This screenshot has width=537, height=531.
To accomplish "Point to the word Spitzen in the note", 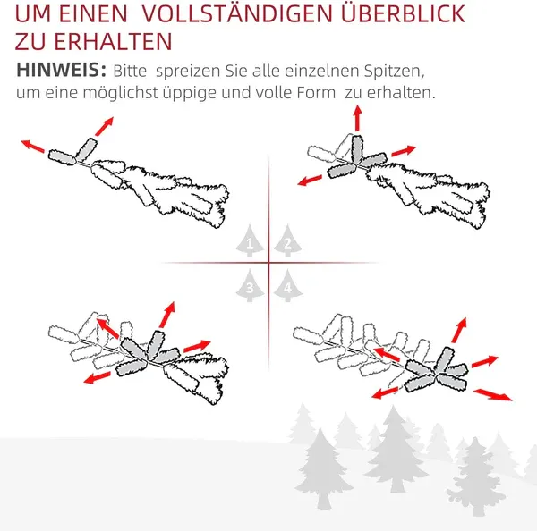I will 393,70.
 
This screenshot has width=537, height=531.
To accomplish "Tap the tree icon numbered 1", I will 250,242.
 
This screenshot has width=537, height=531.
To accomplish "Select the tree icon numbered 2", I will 286,242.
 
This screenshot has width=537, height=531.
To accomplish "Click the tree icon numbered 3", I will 250,286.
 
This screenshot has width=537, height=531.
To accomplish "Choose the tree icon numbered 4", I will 286,286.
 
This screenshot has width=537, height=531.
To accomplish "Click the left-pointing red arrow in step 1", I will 35,146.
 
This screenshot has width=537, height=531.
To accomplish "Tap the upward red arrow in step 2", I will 357,117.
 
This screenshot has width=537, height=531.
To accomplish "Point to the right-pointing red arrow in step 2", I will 404,152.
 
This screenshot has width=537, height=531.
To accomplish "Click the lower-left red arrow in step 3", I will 95,378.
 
